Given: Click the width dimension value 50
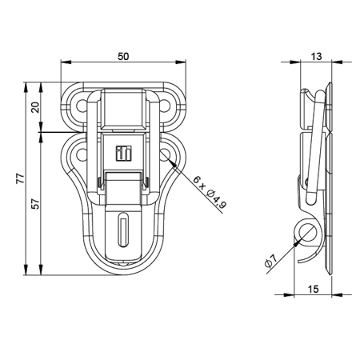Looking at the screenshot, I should pos(123,56).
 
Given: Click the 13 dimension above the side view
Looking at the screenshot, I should pos(318,56).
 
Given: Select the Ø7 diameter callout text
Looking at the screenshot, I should pos(270,259).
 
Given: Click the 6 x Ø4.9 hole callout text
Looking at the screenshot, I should pos(210,192).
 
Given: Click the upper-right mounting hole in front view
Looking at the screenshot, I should pos(168,102).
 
